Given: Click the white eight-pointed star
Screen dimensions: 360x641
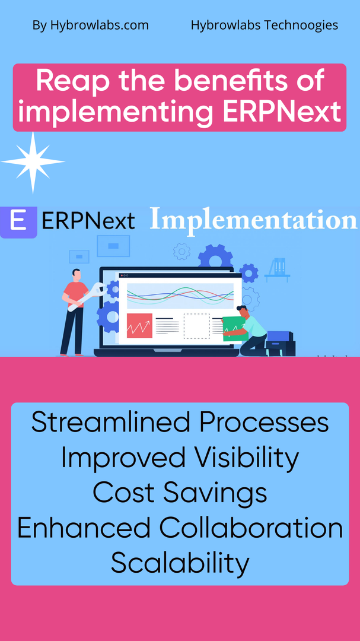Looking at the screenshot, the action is [x=33, y=162].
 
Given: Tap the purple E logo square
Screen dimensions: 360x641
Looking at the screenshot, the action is [x=18, y=222].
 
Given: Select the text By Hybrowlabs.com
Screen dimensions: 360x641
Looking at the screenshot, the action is [x=90, y=26].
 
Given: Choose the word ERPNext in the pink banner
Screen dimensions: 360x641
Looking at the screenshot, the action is [x=282, y=112].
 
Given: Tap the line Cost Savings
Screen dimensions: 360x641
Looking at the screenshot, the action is [x=180, y=493].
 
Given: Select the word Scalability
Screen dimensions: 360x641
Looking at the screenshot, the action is [x=180, y=563].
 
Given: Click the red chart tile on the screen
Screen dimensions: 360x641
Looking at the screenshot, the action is [x=139, y=326].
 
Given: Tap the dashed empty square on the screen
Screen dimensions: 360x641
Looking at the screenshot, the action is [x=196, y=326].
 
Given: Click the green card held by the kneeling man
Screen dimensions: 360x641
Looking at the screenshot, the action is [x=235, y=328].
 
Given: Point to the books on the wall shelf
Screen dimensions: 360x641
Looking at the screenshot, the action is [x=279, y=265].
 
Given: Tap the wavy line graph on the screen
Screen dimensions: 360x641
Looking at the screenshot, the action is [x=180, y=296].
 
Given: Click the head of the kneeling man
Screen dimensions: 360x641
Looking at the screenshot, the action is [x=242, y=311].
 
